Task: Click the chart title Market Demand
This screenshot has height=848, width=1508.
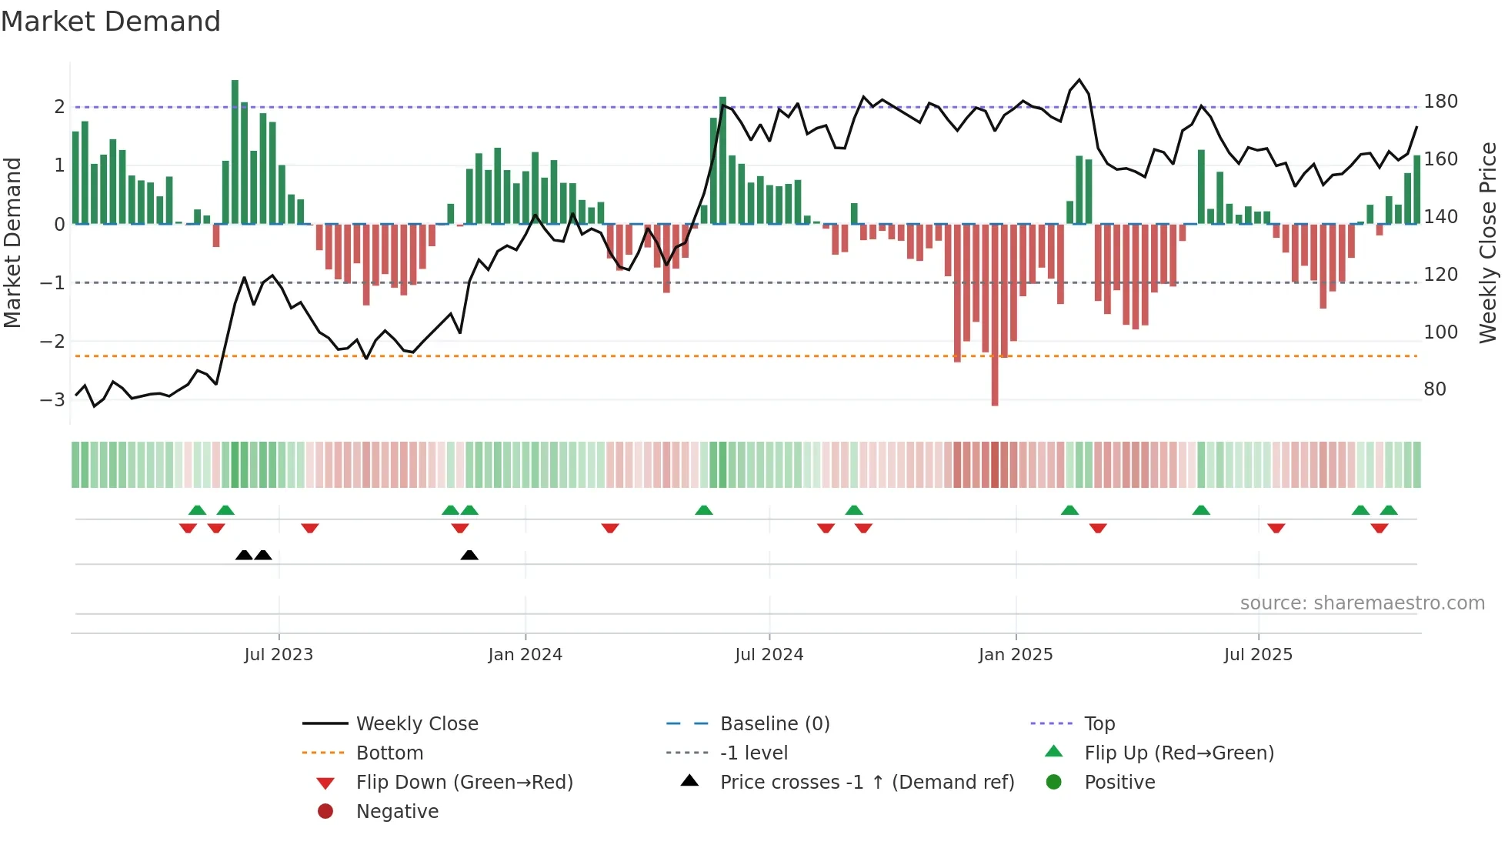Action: click(x=111, y=22)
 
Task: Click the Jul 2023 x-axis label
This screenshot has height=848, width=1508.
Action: click(x=279, y=655)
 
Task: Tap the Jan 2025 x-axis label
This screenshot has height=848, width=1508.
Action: click(x=1015, y=655)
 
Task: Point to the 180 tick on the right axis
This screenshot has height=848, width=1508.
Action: click(x=1440, y=102)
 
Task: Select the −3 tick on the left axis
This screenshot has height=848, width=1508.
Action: click(x=52, y=399)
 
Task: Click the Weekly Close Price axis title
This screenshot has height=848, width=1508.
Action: click(x=1488, y=242)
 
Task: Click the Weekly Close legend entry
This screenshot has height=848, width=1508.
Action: click(x=416, y=724)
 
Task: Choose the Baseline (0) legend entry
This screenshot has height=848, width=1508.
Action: click(x=774, y=724)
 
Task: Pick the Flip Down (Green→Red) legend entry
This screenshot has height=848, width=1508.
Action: click(x=464, y=783)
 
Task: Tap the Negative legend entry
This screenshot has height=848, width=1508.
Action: click(x=397, y=812)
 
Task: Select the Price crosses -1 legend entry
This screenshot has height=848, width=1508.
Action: click(x=866, y=783)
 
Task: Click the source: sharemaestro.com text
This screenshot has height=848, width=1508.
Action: click(x=1362, y=603)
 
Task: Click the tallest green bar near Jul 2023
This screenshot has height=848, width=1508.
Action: click(x=235, y=152)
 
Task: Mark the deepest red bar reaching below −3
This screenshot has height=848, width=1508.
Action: click(x=995, y=315)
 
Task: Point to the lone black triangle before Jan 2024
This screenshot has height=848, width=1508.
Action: click(x=469, y=555)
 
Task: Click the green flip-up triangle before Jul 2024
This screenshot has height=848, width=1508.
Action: click(x=703, y=510)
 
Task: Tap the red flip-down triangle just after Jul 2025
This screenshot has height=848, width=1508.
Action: click(x=1276, y=528)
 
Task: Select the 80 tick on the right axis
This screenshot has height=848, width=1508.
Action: click(x=1434, y=389)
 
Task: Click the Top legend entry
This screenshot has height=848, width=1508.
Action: click(x=1099, y=724)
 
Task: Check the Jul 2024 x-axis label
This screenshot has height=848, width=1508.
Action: click(x=769, y=655)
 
